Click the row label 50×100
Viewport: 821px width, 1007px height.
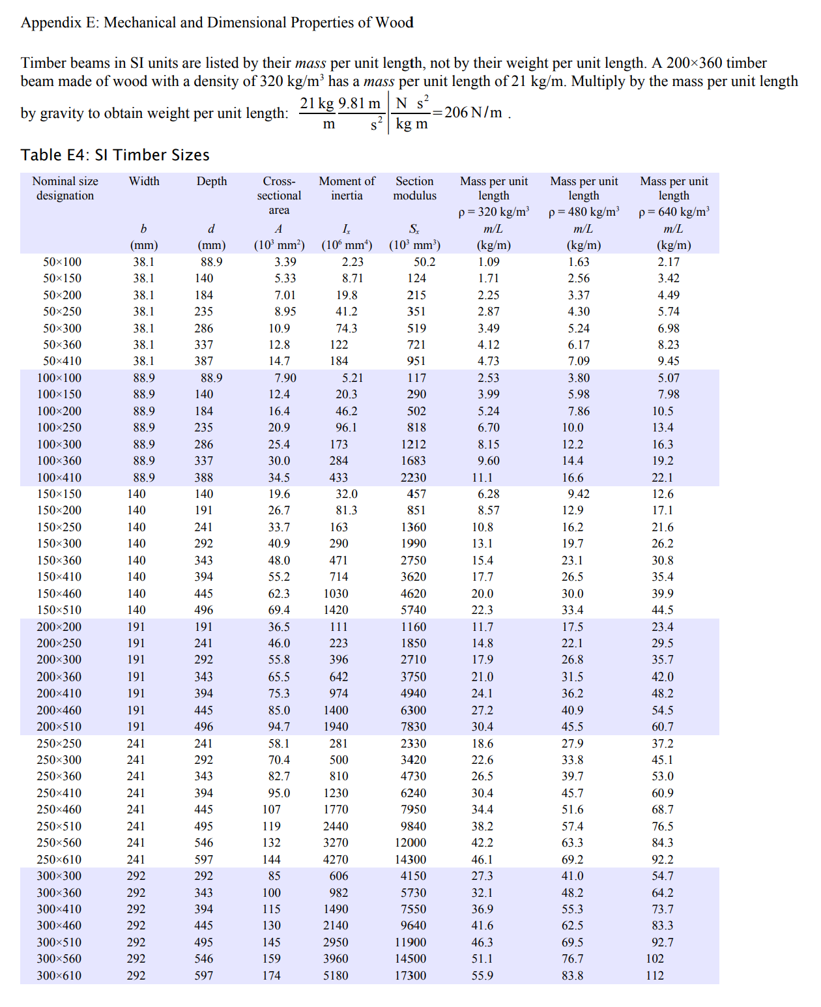(63, 262)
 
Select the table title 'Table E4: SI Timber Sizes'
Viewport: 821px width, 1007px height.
(115, 155)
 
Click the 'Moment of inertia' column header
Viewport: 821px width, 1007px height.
(347, 188)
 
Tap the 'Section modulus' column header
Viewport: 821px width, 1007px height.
(414, 188)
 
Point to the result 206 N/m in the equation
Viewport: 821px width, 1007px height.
(473, 113)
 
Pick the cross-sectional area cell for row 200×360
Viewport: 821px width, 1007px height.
(279, 677)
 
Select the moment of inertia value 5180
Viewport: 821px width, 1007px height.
(336, 976)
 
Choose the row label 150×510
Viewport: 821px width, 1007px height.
(59, 610)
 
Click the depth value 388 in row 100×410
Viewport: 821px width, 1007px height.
(203, 478)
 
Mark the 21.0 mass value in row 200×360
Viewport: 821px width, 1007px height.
(482, 677)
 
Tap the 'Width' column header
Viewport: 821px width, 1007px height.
(144, 181)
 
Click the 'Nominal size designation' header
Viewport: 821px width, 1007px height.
(65, 188)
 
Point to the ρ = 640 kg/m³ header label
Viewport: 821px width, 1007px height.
(674, 212)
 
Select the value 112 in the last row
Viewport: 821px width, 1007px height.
(655, 976)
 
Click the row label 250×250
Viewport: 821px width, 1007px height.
(59, 744)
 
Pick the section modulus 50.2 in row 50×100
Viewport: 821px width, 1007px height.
(424, 262)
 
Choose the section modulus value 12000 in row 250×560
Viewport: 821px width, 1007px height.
(410, 843)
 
